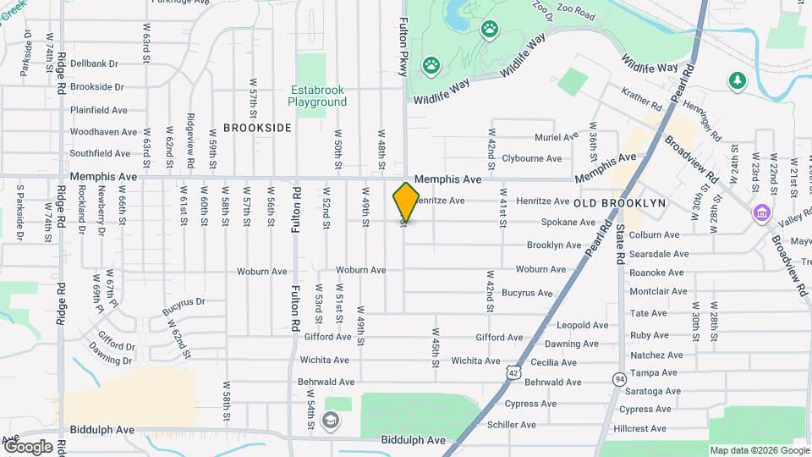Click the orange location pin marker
406,201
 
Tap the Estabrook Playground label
317,96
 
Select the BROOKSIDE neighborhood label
257,128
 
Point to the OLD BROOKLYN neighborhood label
620,204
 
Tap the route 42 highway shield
513,372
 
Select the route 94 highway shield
621,377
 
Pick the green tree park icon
738,80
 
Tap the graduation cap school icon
331,421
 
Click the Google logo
28,446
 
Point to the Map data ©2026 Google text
759,450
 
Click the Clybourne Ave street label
531,158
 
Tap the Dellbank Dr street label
94,63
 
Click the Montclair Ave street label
658,291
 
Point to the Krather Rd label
641,100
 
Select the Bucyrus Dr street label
183,301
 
